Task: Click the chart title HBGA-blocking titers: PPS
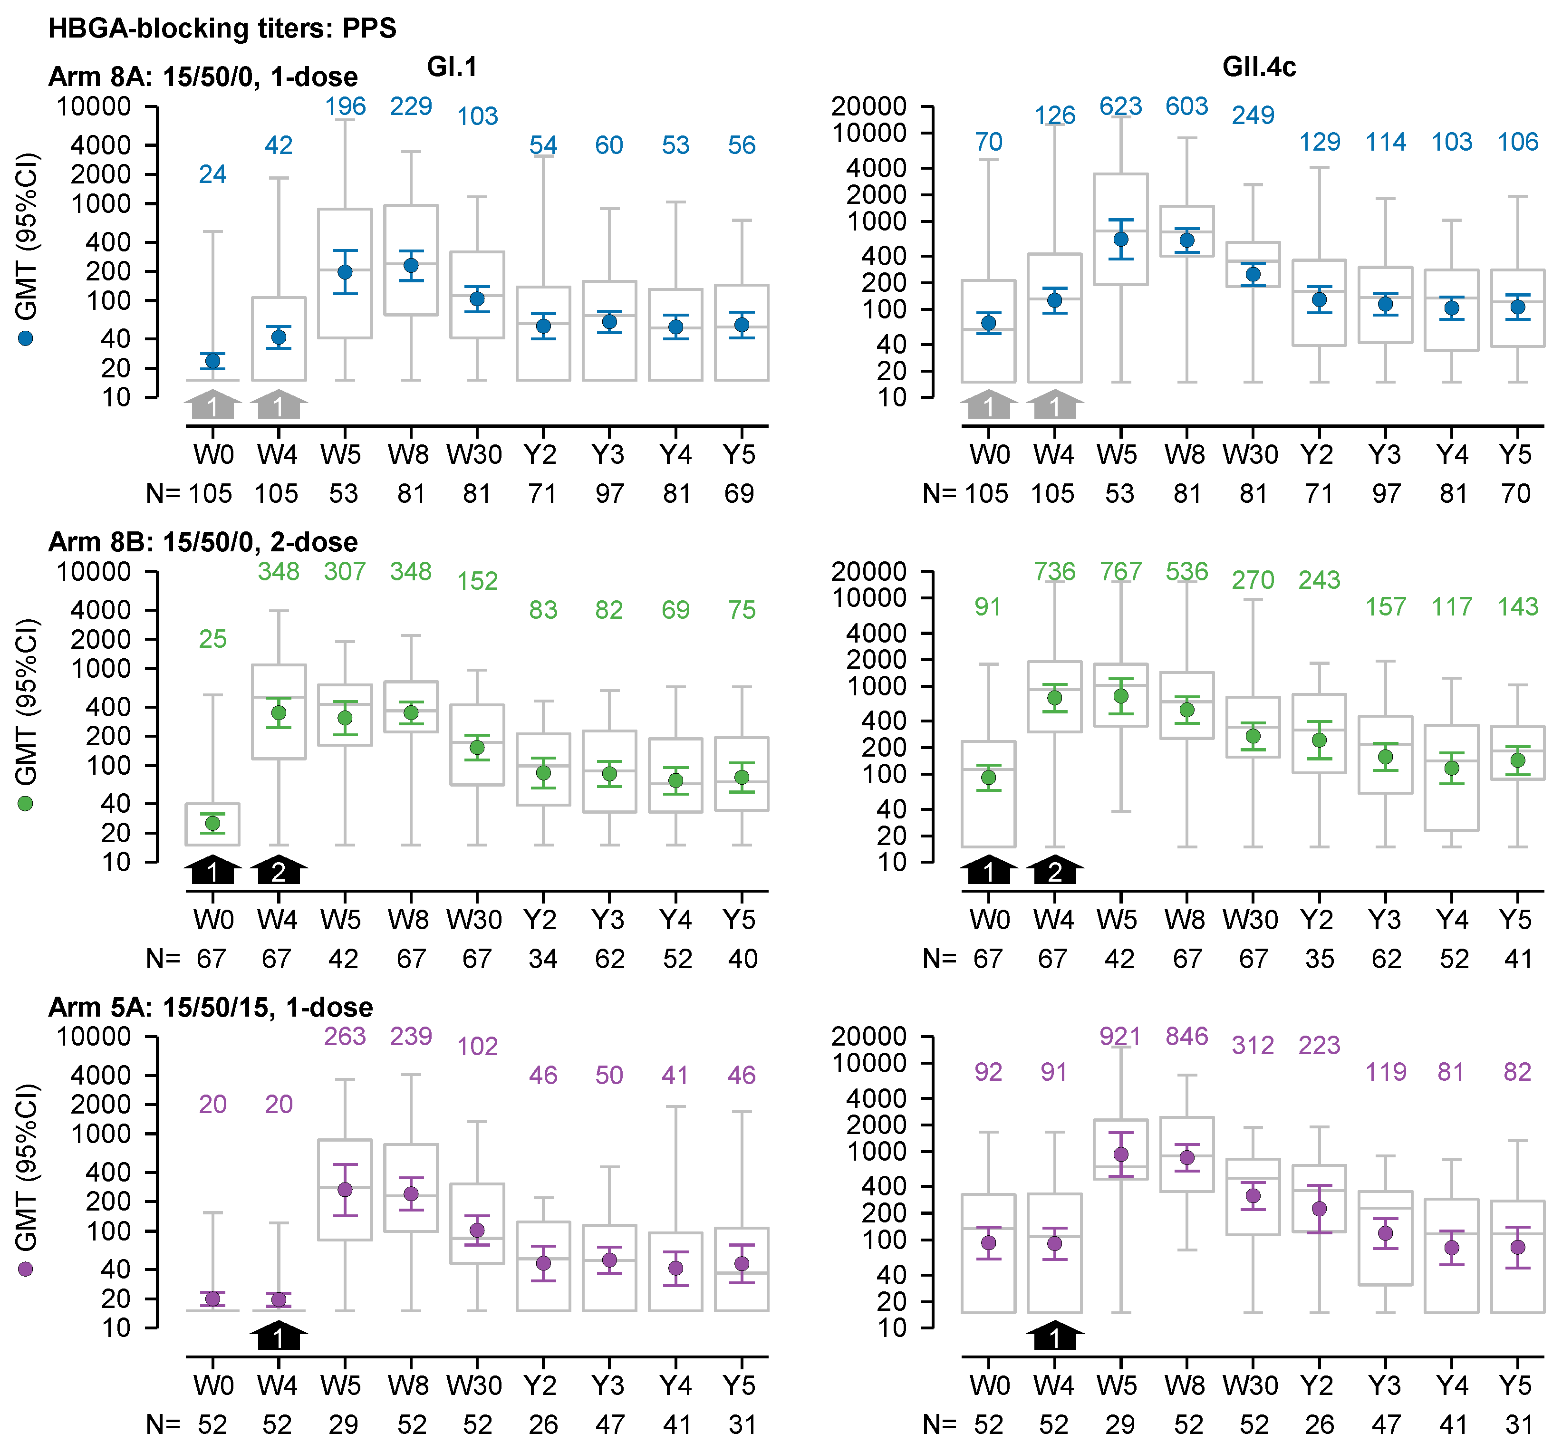point(222,29)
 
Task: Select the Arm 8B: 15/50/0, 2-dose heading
point(202,542)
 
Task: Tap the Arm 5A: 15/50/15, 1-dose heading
point(211,1007)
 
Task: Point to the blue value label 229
point(411,106)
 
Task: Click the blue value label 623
point(1120,106)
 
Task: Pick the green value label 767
point(1120,571)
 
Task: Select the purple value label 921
point(1120,1036)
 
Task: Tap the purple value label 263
point(345,1036)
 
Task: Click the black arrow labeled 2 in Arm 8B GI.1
point(279,870)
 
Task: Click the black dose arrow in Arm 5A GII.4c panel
point(1054,1335)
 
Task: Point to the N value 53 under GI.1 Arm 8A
point(343,493)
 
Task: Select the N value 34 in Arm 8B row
point(542,959)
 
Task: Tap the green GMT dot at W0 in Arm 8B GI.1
point(212,823)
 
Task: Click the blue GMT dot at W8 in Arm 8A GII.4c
point(1186,240)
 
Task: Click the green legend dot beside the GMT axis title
point(25,804)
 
